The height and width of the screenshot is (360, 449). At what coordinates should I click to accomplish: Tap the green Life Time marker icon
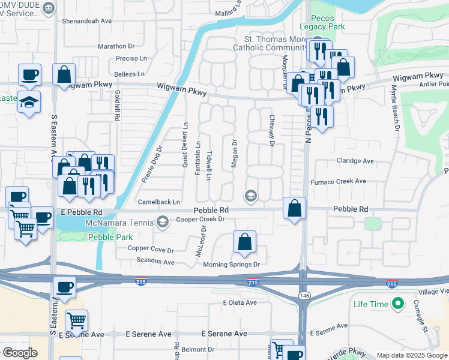coord(396,304)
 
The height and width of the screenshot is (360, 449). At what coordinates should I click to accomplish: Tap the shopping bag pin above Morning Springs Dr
coord(244,242)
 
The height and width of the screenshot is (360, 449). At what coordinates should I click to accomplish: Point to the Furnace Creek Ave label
coord(338,181)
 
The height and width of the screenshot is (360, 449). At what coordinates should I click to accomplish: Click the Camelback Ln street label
coord(159,202)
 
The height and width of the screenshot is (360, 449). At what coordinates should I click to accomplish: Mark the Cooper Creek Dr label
coord(200,219)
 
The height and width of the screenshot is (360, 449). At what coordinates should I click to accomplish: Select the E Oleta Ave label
coord(240,302)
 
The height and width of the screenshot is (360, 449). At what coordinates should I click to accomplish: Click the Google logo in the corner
coord(20,353)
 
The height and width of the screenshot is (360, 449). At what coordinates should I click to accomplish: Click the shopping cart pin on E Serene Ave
coord(77,321)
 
